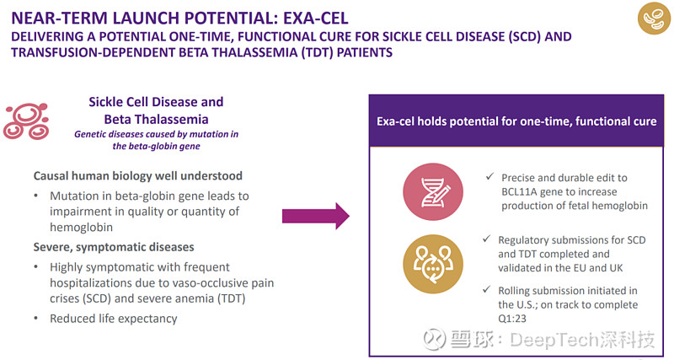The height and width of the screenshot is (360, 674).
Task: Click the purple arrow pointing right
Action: pyautogui.click(x=315, y=216)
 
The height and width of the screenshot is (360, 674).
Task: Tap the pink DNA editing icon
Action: pyautogui.click(x=433, y=192)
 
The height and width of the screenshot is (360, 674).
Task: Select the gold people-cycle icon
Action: pyautogui.click(x=433, y=264)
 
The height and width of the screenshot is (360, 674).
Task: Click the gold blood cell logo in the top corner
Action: pyautogui.click(x=654, y=18)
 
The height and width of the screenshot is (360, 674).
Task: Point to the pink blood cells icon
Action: pyautogui.click(x=26, y=121)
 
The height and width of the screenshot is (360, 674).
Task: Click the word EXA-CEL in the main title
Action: pyautogui.click(x=315, y=18)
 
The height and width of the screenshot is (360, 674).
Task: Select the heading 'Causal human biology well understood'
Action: pyautogui.click(x=138, y=175)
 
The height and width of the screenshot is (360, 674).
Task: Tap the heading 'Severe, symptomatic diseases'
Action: pyautogui.click(x=114, y=247)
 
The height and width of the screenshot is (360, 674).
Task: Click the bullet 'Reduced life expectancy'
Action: pyautogui.click(x=114, y=319)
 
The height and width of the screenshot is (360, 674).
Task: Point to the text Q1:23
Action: pyautogui.click(x=512, y=319)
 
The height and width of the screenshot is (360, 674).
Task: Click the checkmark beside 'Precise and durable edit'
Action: pyautogui.click(x=489, y=176)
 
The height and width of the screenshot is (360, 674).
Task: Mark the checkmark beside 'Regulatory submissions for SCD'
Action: pyautogui.click(x=487, y=239)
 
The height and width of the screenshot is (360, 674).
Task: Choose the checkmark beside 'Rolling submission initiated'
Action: pyautogui.click(x=487, y=289)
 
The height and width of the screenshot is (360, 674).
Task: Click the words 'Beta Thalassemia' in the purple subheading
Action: pyautogui.click(x=156, y=119)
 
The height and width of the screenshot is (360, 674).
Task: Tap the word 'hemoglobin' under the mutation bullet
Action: pyautogui.click(x=81, y=227)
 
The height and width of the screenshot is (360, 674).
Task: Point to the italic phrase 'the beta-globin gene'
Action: pyautogui.click(x=157, y=146)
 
